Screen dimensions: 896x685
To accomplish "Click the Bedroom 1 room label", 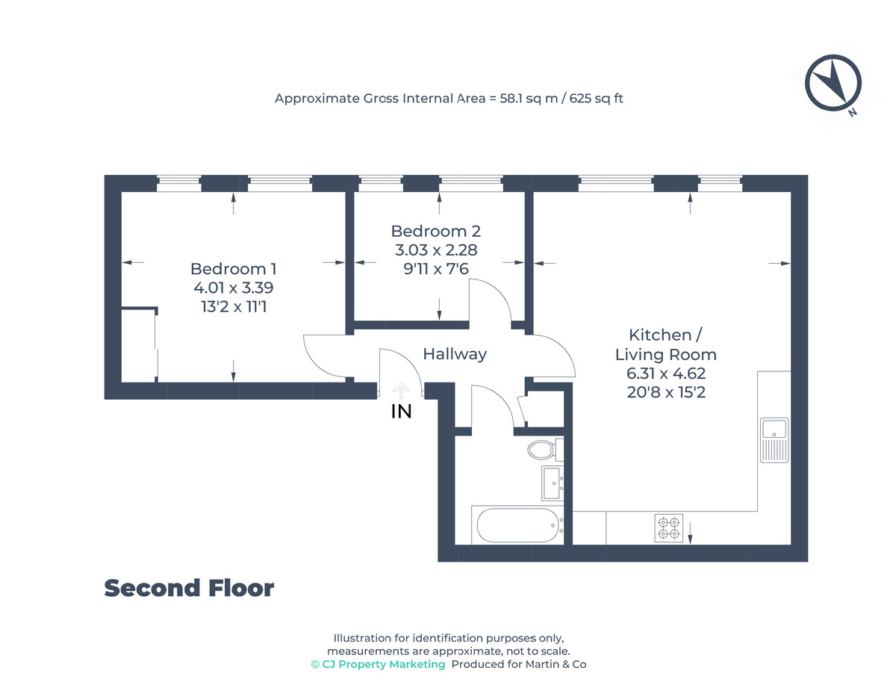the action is tap(233, 269).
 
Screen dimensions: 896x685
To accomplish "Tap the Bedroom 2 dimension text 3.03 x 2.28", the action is tap(436, 250).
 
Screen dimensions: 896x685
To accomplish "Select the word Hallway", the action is tap(455, 354).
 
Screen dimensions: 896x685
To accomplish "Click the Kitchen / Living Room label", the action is tap(665, 344).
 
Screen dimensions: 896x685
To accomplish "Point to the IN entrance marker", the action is tap(402, 411).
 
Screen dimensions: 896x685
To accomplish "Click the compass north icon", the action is tap(833, 84).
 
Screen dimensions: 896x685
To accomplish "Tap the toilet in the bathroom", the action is tap(542, 450).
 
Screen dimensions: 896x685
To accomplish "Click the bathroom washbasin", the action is tap(553, 482).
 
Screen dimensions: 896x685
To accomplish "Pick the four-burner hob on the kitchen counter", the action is tap(669, 528).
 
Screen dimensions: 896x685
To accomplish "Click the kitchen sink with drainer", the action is tap(774, 439).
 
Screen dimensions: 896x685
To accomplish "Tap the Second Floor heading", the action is tap(189, 589).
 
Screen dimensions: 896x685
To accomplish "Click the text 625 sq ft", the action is tap(596, 98).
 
